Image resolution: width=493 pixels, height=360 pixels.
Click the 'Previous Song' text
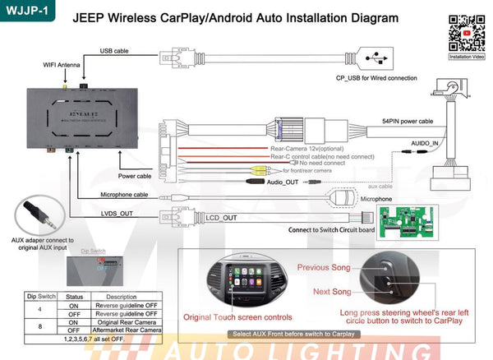pos(324,267)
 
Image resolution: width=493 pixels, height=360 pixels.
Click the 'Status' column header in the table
pos(75,297)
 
